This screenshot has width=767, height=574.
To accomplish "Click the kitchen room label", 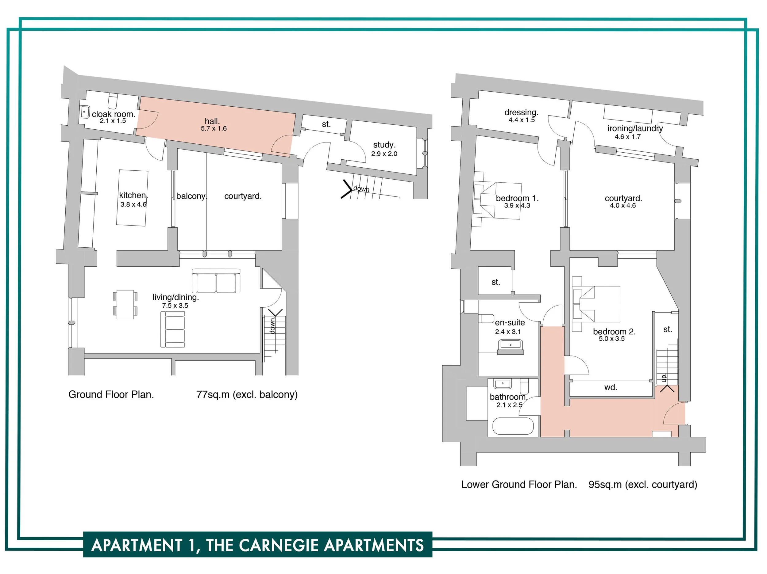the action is point(133,195).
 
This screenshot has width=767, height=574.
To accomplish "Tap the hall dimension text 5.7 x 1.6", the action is point(214,128).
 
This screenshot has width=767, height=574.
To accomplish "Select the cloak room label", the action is point(114,114).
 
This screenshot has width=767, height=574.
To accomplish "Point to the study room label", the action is point(384,145).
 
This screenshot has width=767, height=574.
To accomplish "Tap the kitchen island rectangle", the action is point(133,198).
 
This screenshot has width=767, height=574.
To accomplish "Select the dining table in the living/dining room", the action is point(125,305).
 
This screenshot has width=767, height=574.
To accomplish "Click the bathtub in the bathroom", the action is point(513,426).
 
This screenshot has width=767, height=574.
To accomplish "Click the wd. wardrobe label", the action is point(611,387).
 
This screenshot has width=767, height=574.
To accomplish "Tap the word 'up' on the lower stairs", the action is point(664,378).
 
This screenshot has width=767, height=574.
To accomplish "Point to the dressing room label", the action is point(521,112).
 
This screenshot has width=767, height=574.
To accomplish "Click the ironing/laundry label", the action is point(635,128).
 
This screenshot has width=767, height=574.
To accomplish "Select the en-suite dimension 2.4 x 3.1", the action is point(508,332).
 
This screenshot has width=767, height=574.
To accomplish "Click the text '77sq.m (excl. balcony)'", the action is point(247,394).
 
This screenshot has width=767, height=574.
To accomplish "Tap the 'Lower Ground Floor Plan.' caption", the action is point(519,484).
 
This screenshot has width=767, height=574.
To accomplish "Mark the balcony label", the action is point(192,196).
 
